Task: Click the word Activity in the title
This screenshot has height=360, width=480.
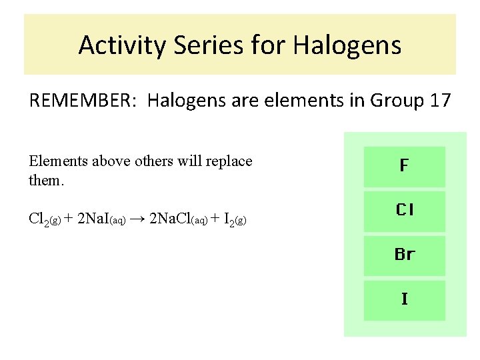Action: point(122,45)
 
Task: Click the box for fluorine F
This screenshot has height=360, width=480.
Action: point(404,166)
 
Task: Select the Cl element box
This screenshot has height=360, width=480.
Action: point(404,211)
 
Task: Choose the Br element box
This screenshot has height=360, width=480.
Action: point(404,255)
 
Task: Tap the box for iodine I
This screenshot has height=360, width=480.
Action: point(404,299)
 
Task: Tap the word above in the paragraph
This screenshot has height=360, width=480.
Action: point(109,161)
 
